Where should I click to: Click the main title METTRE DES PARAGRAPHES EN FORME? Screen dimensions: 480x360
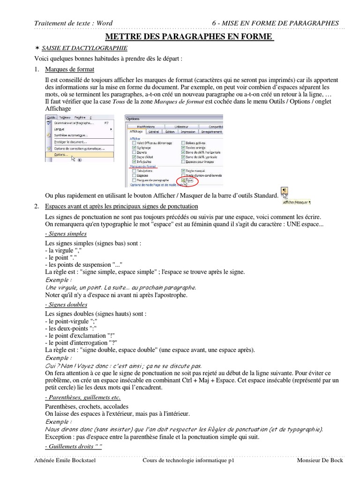pyautogui.click(x=188, y=37)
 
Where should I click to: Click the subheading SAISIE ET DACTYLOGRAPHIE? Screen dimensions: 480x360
pyautogui.click(x=84, y=48)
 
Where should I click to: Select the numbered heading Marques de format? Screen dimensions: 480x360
pyautogui.click(x=69, y=69)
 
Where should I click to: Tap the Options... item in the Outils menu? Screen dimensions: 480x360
pyautogui.click(x=61, y=154)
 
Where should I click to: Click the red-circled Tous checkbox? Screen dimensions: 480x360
pyautogui.click(x=184, y=180)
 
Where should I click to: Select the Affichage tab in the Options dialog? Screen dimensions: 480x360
pyautogui.click(x=135, y=132)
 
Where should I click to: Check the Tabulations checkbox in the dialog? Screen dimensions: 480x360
pyautogui.click(x=135, y=171)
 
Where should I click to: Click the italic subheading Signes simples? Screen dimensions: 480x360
pyautogui.click(x=66, y=233)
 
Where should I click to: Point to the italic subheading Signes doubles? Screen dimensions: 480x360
pyautogui.click(x=66, y=305)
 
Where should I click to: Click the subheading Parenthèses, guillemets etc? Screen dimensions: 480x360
pyautogui.click(x=82, y=397)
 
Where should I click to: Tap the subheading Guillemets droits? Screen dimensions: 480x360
pyautogui.click(x=73, y=446)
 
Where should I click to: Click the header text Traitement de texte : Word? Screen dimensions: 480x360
pyautogui.click(x=74, y=23)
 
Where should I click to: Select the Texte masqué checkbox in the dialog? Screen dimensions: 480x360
pyautogui.click(x=184, y=171)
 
